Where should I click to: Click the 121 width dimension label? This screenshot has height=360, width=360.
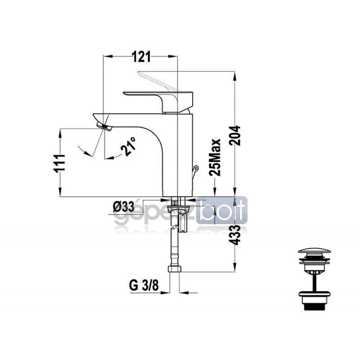tap(141, 57)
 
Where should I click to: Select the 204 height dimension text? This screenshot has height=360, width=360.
tap(235, 135)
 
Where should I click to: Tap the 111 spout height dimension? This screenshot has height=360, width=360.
tap(59, 163)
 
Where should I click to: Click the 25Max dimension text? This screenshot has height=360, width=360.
tap(215, 157)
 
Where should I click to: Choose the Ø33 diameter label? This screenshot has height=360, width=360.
tap(123, 207)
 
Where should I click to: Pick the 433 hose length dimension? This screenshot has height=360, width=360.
tap(234, 235)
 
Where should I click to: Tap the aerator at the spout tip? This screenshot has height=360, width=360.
tap(104, 127)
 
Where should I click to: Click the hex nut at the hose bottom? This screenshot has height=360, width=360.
tap(175, 269)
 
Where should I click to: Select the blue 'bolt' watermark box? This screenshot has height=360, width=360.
tap(221, 210)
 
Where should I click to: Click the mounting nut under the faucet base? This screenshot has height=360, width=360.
tap(178, 208)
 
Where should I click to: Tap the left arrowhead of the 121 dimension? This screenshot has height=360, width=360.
tap(108, 56)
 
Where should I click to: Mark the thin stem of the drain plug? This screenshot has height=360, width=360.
tap(315, 282)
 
